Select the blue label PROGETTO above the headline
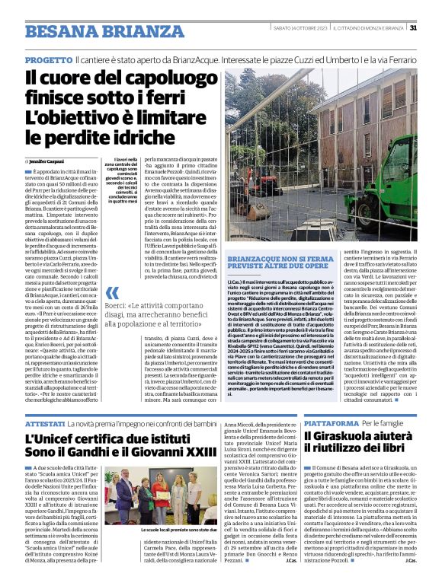click(x=49, y=59)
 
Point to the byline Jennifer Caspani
click(x=48, y=161)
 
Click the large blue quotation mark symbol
click(x=113, y=292)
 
